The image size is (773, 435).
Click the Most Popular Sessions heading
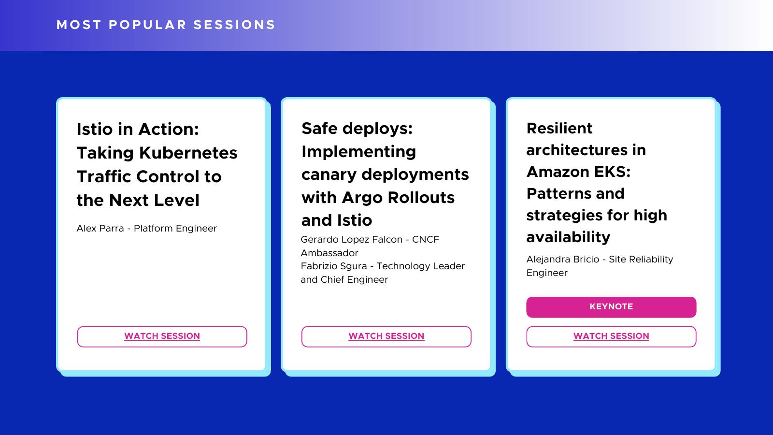(166, 25)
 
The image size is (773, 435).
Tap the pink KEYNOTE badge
(611, 307)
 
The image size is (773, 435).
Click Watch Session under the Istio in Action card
(162, 336)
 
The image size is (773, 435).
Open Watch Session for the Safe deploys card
(386, 336)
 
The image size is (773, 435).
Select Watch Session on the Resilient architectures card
(611, 336)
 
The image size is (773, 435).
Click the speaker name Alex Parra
(100, 229)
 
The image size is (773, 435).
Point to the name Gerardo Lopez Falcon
(351, 240)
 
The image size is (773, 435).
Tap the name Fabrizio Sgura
(334, 266)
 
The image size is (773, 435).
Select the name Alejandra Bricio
(562, 259)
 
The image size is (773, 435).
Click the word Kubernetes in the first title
(188, 153)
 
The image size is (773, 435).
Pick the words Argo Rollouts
(398, 198)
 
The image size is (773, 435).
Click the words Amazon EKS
(578, 172)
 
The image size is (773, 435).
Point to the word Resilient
(559, 129)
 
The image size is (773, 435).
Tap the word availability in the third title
(568, 237)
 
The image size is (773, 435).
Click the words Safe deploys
(357, 129)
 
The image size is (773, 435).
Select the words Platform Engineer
(175, 229)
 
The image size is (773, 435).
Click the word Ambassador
(329, 253)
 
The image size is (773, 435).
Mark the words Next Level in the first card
(154, 200)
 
